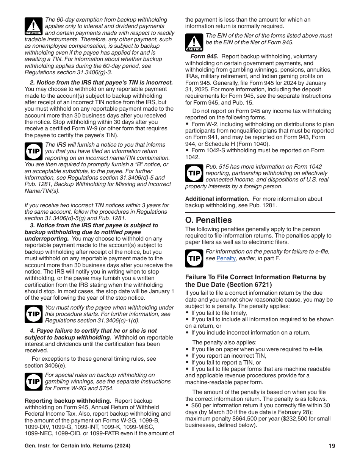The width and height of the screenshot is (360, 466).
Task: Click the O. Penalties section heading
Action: [x=208, y=220]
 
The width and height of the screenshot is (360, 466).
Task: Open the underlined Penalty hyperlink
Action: [x=226, y=258]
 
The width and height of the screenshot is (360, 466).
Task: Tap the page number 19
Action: [x=332, y=446]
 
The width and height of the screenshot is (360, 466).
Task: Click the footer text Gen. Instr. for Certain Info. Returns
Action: [x=77, y=446]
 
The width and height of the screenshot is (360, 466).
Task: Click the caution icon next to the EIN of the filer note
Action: [x=194, y=42]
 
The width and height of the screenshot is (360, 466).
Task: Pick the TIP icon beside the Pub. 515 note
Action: [x=194, y=173]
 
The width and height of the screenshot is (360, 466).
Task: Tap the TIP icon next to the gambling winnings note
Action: [x=33, y=382]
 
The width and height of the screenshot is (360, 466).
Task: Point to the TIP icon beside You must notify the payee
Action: [x=33, y=314]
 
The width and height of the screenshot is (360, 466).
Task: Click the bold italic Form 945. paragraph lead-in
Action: [x=204, y=56]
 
